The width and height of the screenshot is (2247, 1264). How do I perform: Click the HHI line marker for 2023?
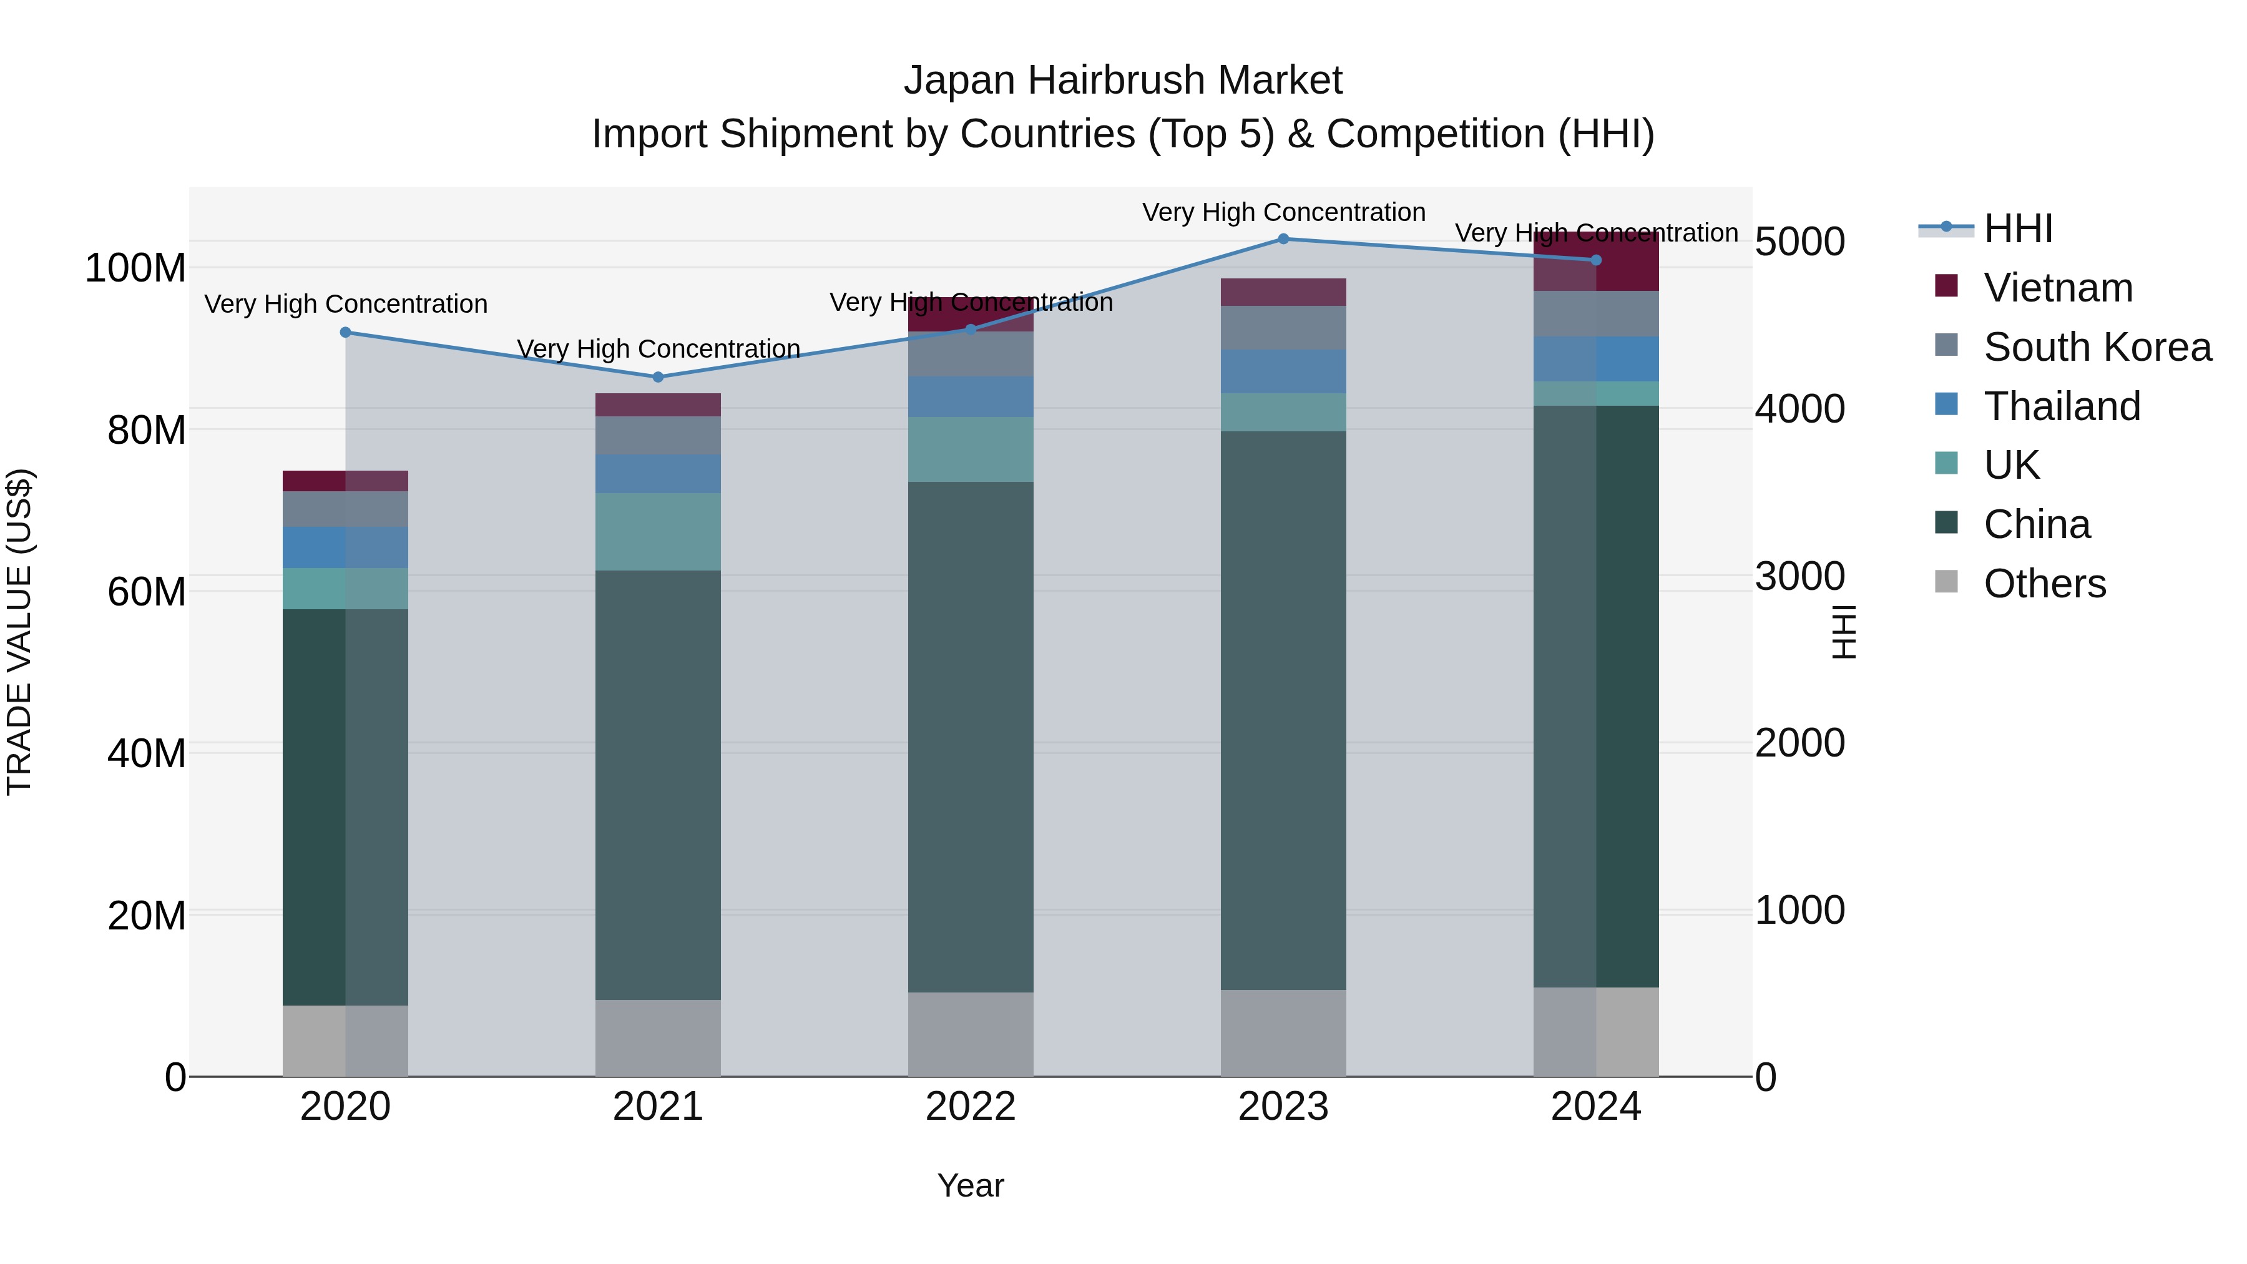pyautogui.click(x=1283, y=239)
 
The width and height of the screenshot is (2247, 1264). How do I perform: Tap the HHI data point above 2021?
pyautogui.click(x=658, y=378)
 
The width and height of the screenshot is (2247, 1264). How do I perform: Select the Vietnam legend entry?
pyautogui.click(x=2058, y=288)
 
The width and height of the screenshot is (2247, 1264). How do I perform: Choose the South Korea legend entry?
pyautogui.click(x=2097, y=347)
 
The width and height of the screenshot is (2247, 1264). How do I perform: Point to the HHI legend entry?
pyautogui.click(x=2017, y=228)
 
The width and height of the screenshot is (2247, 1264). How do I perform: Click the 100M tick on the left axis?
pyautogui.click(x=135, y=268)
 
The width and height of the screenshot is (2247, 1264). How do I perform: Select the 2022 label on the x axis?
pyautogui.click(x=970, y=1107)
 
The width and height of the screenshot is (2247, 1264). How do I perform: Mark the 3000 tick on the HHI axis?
pyautogui.click(x=1799, y=577)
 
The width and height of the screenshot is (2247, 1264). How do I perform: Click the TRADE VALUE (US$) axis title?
pyautogui.click(x=19, y=632)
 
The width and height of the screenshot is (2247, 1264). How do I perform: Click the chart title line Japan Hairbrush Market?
pyautogui.click(x=1123, y=81)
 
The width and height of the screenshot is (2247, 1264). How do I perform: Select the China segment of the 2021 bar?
pyautogui.click(x=658, y=785)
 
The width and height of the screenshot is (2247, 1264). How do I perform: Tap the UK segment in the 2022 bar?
pyautogui.click(x=970, y=449)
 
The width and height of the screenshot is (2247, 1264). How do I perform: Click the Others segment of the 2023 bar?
pyautogui.click(x=1283, y=1033)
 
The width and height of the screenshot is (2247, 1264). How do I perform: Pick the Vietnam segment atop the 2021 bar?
pyautogui.click(x=658, y=404)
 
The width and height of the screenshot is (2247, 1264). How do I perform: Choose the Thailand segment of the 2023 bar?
pyautogui.click(x=1283, y=371)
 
